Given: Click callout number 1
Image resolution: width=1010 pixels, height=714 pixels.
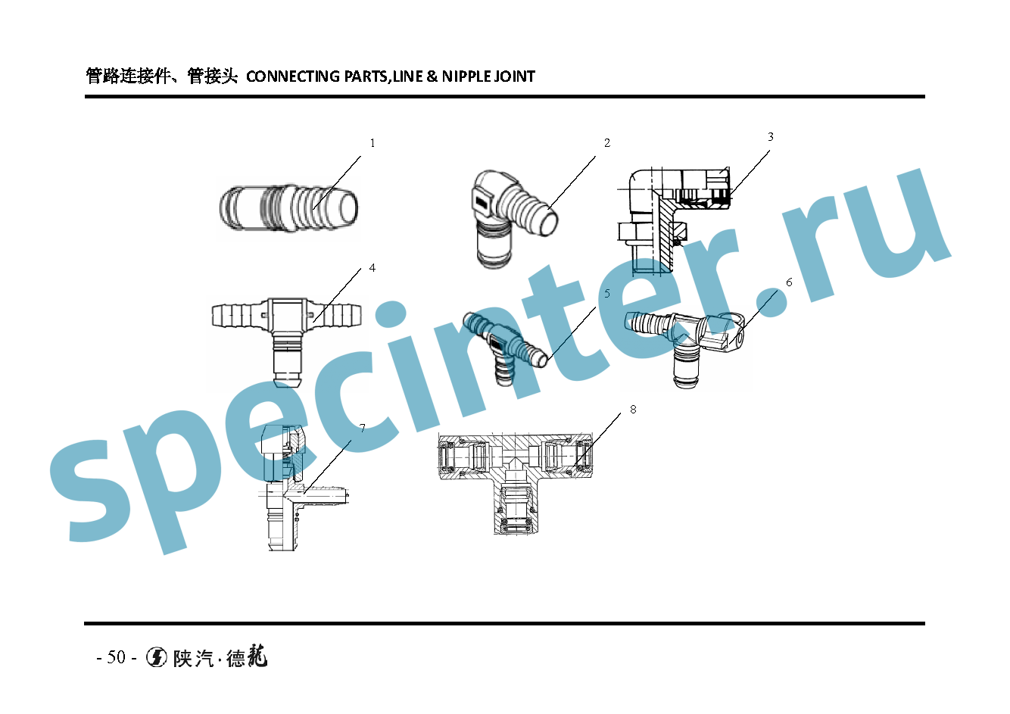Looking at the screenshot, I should [372, 143].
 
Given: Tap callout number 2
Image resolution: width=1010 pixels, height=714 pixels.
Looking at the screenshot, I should [607, 143].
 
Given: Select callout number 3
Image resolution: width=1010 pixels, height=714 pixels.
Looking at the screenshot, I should [771, 137].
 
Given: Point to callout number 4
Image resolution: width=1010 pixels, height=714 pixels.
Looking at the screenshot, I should [372, 268].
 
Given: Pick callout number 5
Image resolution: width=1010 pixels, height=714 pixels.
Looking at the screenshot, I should [607, 294].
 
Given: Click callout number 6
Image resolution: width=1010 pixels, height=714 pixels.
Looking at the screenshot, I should [789, 282].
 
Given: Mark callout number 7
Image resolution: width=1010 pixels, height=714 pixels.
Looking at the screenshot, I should [363, 429].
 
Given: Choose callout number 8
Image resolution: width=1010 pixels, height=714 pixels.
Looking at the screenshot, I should [633, 410].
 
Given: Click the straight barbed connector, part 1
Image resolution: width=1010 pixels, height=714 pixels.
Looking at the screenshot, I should [288, 207].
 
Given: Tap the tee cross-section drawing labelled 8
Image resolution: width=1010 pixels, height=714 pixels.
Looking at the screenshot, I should [515, 477].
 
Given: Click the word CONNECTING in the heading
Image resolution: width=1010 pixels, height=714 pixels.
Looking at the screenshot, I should [293, 76].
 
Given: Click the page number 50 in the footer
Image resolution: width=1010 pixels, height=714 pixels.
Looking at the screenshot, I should [116, 657].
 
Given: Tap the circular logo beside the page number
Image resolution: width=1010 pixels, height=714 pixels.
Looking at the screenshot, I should [157, 657].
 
